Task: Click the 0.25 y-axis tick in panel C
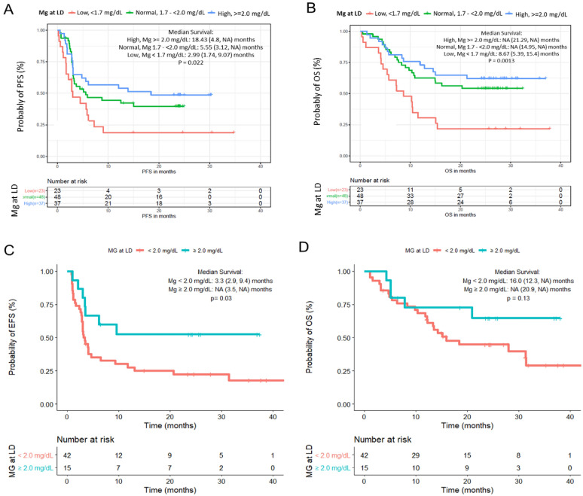click(x=44, y=371)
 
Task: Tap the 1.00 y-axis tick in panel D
click(x=340, y=271)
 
